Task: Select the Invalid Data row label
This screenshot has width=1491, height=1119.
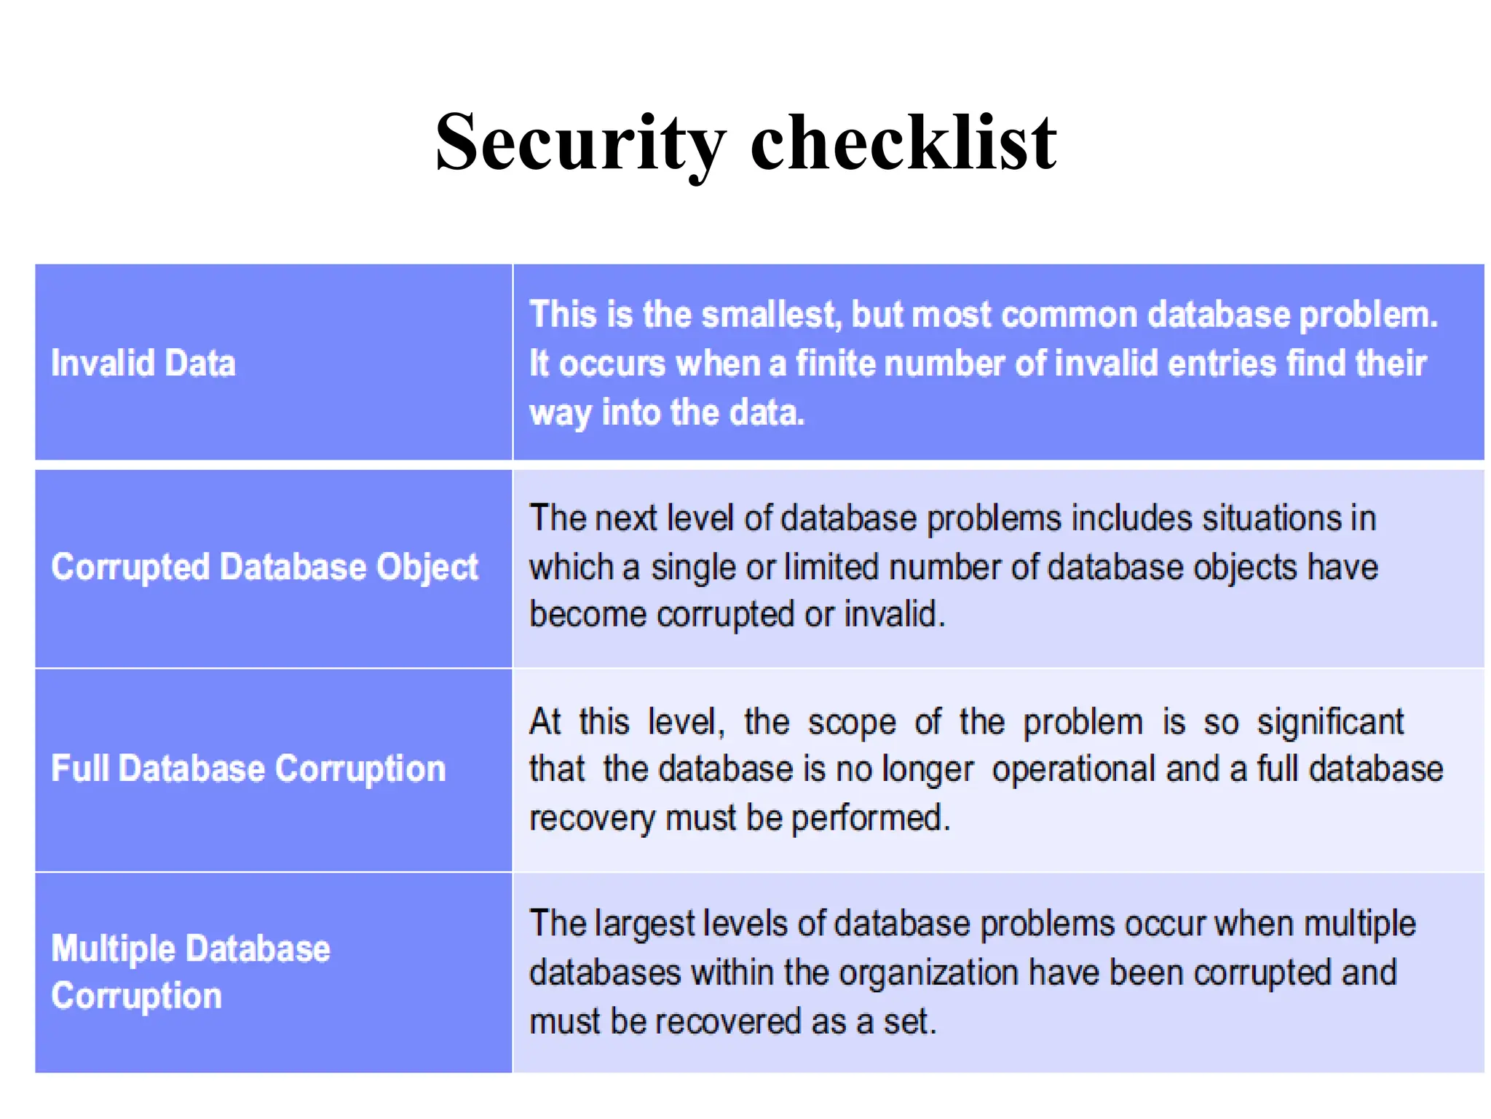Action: pos(143,363)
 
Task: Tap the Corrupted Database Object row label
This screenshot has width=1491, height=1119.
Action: pos(264,568)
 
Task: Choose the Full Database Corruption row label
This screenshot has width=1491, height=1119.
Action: pos(248,769)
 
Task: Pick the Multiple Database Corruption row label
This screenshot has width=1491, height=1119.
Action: pos(190,972)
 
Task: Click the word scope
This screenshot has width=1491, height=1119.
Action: pos(852,723)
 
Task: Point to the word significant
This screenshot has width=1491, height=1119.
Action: pos(1330,723)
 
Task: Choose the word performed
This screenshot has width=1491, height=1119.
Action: pos(870,818)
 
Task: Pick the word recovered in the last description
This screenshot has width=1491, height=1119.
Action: pos(732,1021)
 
